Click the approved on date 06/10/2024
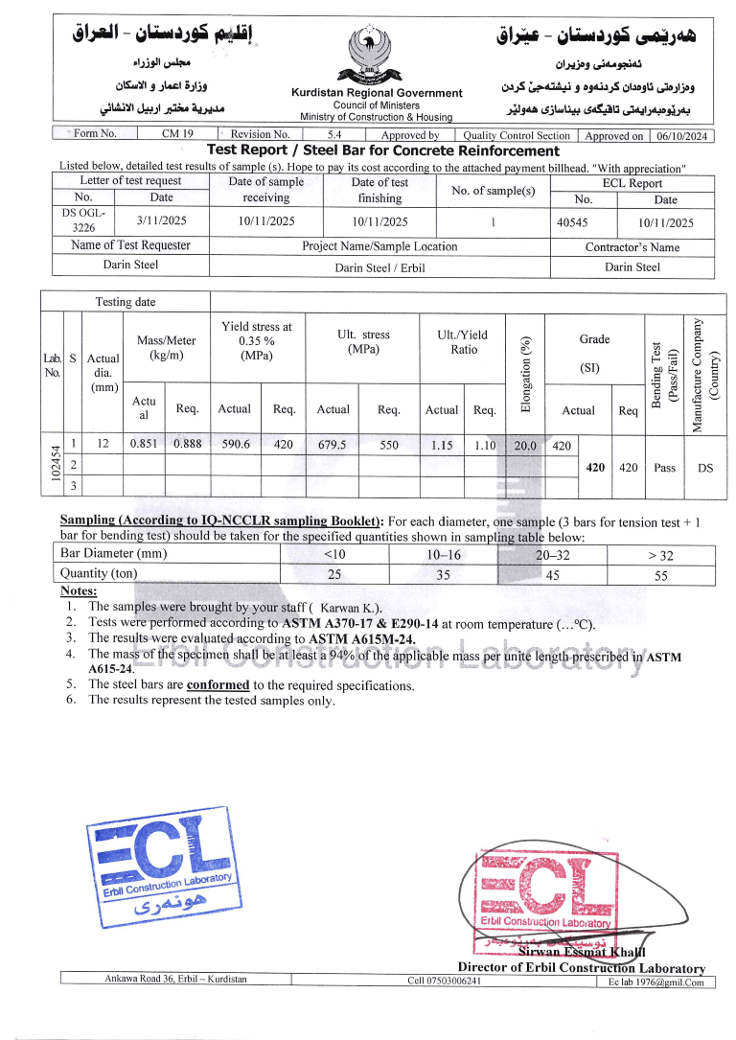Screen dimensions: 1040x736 [x=682, y=136]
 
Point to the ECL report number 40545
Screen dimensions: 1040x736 [x=573, y=222]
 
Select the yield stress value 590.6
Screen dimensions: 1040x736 [x=235, y=444]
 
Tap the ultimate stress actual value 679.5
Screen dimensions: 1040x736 [x=332, y=445]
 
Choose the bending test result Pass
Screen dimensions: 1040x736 [x=664, y=468]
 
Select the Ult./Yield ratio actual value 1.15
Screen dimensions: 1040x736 [x=441, y=445]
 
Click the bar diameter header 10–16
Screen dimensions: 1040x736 [x=444, y=554]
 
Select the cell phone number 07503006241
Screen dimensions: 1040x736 [x=444, y=981]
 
